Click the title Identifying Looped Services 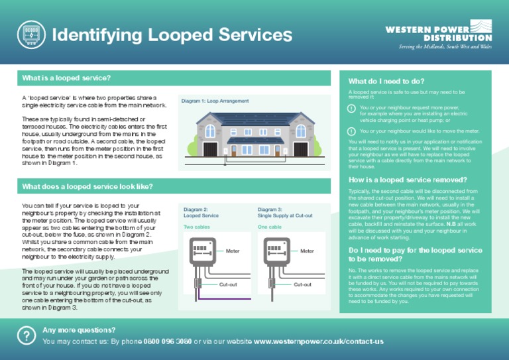pyautogui.click(x=172, y=34)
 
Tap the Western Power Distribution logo pyautogui.click(x=438, y=32)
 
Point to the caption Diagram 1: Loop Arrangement pyautogui.click(x=215, y=101)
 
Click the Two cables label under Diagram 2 pyautogui.click(x=199, y=227)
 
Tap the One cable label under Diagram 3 pyautogui.click(x=270, y=227)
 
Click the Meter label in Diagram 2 pyautogui.click(x=233, y=251)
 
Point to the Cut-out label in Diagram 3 pyautogui.click(x=303, y=284)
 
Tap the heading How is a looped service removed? pyautogui.click(x=408, y=180)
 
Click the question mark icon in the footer pyautogui.click(x=26, y=335)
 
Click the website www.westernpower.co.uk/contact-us pyautogui.click(x=319, y=341)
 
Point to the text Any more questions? pyautogui.click(x=79, y=330)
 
